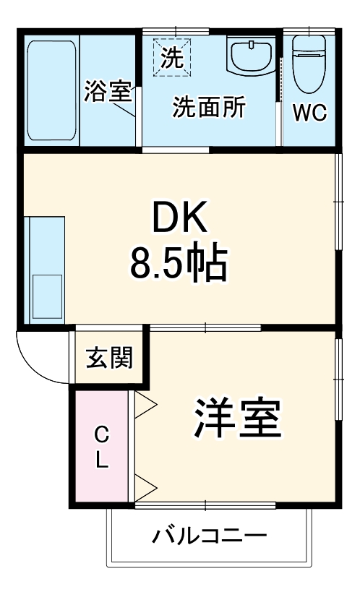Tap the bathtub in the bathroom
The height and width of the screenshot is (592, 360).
click(51, 90)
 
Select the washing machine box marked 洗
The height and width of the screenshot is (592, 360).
click(172, 57)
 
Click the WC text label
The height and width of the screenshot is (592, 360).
click(309, 113)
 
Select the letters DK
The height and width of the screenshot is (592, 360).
click(179, 216)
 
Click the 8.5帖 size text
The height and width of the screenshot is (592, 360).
click(179, 264)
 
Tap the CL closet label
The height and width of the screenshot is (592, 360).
click(102, 447)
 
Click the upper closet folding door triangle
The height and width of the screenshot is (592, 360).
click(144, 404)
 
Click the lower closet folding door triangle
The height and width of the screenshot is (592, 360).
click(144, 489)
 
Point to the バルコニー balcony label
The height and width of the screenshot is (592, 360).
click(210, 536)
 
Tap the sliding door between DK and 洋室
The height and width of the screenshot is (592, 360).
click(206, 329)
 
